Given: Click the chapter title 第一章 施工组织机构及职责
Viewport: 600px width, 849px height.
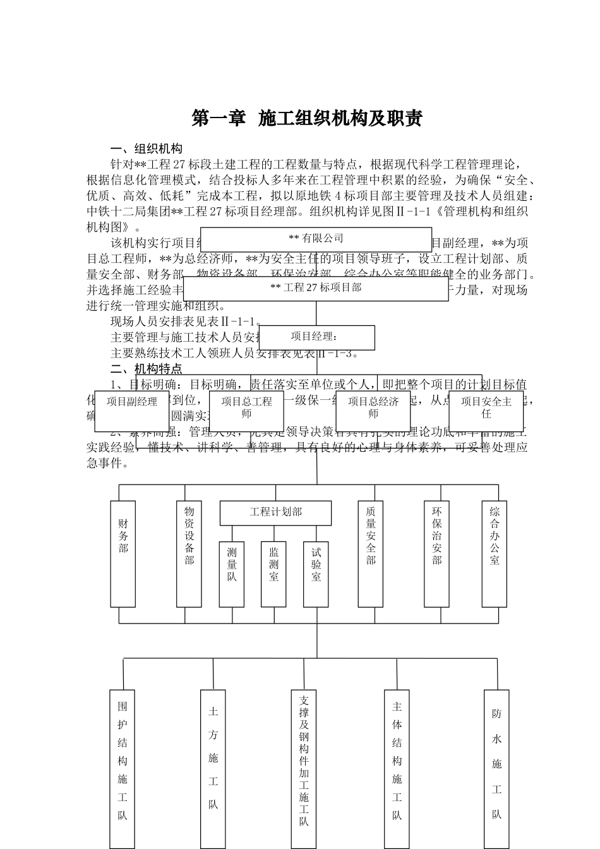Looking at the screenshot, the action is (x=307, y=118).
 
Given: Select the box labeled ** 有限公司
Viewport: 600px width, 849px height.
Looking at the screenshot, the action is (x=316, y=239).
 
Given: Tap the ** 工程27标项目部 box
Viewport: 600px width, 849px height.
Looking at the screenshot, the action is (x=316, y=288).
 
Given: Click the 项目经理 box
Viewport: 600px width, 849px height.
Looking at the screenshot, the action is (x=317, y=337).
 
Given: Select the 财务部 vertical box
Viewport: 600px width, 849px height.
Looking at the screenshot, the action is (x=123, y=553).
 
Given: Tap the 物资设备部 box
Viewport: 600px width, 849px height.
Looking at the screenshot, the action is (x=189, y=553).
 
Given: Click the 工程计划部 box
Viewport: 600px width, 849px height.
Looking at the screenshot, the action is (x=275, y=512).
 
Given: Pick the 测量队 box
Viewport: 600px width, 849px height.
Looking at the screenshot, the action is (x=232, y=574).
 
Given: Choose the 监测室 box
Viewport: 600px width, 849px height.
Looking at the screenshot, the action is (x=273, y=574).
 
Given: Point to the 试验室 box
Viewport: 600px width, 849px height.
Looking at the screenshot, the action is (x=316, y=574).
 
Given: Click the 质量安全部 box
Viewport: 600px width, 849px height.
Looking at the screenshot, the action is (x=371, y=553).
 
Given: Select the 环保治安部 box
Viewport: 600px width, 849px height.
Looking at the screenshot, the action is (x=436, y=553).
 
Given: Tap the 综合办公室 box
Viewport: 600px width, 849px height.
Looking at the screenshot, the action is (x=495, y=553).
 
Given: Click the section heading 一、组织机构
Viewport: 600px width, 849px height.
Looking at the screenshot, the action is (x=147, y=148).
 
